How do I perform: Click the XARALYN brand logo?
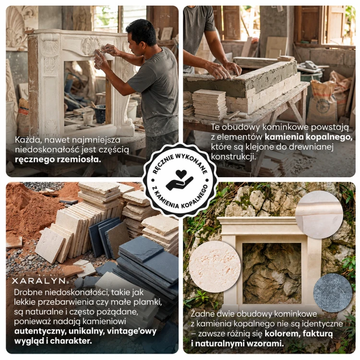click(x=39, y=281)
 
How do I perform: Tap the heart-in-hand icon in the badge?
click(x=180, y=180)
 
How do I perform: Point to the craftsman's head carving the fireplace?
click(x=141, y=37)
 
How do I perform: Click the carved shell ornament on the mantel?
click(x=90, y=46)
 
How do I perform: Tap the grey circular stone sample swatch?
click(x=333, y=292)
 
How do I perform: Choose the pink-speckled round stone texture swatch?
click(x=215, y=266)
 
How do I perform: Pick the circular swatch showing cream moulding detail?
click(x=319, y=215)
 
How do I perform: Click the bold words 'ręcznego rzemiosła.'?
click(x=58, y=159)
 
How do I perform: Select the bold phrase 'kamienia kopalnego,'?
click(x=309, y=137)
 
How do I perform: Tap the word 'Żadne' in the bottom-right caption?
click(x=203, y=313)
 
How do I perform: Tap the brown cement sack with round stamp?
click(x=322, y=103)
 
